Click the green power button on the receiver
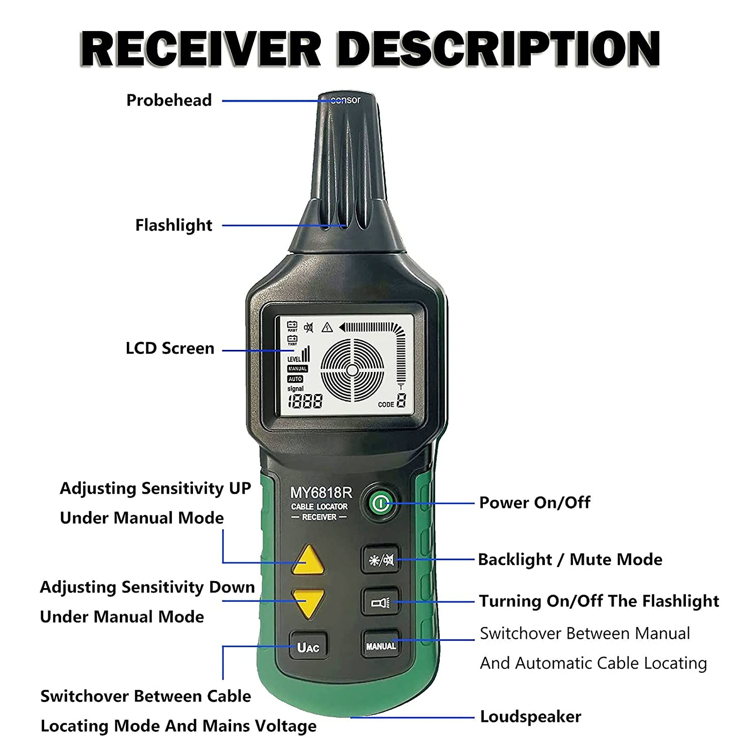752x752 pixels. tap(381, 503)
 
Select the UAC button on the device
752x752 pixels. tap(308, 647)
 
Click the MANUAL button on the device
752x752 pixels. tap(381, 646)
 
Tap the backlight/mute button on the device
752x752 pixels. tap(381, 559)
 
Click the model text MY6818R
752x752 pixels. tap(321, 493)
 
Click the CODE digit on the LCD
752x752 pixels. tap(401, 401)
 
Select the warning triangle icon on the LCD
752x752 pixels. tap(327, 327)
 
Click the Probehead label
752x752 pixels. tap(169, 100)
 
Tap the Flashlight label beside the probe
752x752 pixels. tap(173, 225)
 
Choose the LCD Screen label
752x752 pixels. tap(169, 348)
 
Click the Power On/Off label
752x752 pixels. tap(534, 502)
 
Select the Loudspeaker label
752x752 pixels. tap(530, 717)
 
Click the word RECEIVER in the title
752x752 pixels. tap(201, 49)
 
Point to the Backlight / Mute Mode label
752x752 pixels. tap(570, 559)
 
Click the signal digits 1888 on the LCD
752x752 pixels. tap(305, 401)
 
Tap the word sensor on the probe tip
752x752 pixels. tap(346, 100)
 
